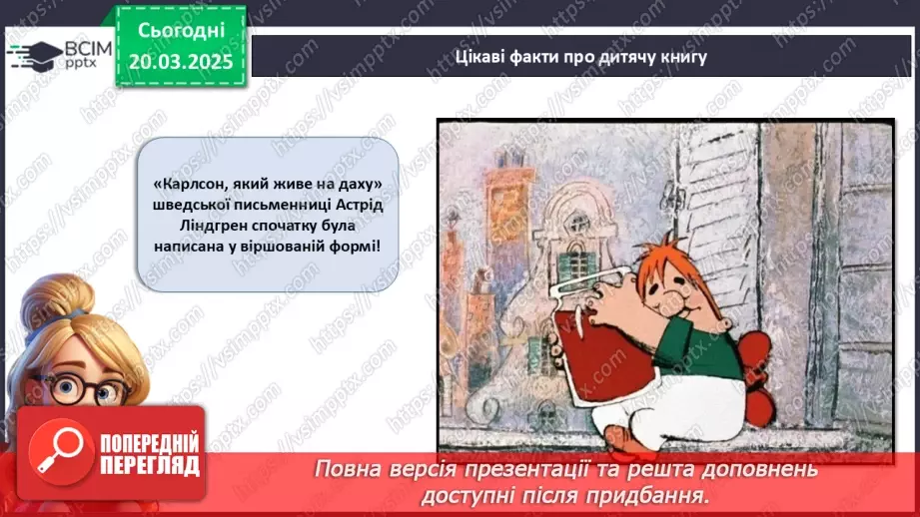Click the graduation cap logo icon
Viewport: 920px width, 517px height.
click(33, 54)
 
